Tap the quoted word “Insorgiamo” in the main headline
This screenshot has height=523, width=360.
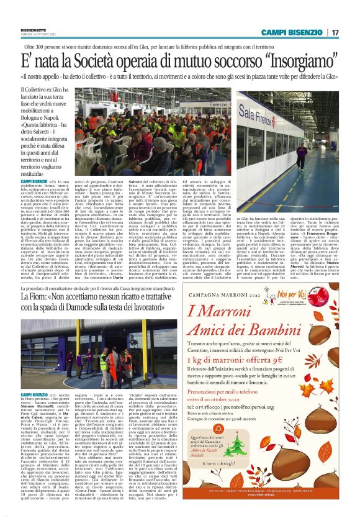pyautogui.click(x=298, y=60)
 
